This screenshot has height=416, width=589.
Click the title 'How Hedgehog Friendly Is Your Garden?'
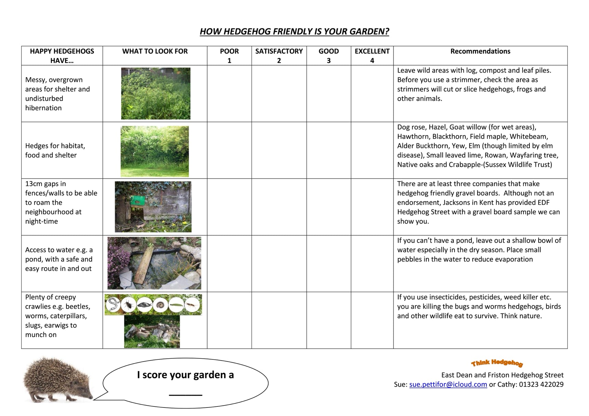tap(294, 31)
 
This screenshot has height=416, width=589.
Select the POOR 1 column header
tap(229, 55)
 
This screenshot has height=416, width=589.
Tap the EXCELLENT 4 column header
tap(372, 55)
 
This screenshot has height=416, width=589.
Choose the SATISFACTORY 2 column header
tap(279, 55)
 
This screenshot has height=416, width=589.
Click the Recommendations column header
tap(480, 51)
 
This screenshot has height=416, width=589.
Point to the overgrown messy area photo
tap(155, 93)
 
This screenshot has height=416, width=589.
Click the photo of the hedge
tap(154, 151)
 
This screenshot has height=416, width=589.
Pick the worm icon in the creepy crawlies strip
tap(113, 305)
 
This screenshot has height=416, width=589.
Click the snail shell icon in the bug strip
tap(160, 305)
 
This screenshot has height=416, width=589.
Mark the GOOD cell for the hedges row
tap(328, 150)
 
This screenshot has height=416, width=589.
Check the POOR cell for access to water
tap(229, 263)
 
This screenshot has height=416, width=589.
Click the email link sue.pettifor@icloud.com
tap(448, 385)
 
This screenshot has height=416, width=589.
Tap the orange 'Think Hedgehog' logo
tap(497, 363)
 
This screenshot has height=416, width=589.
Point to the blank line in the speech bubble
tap(186, 394)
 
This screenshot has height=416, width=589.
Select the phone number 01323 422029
tap(541, 385)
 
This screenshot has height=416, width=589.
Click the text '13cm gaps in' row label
tap(46, 184)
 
